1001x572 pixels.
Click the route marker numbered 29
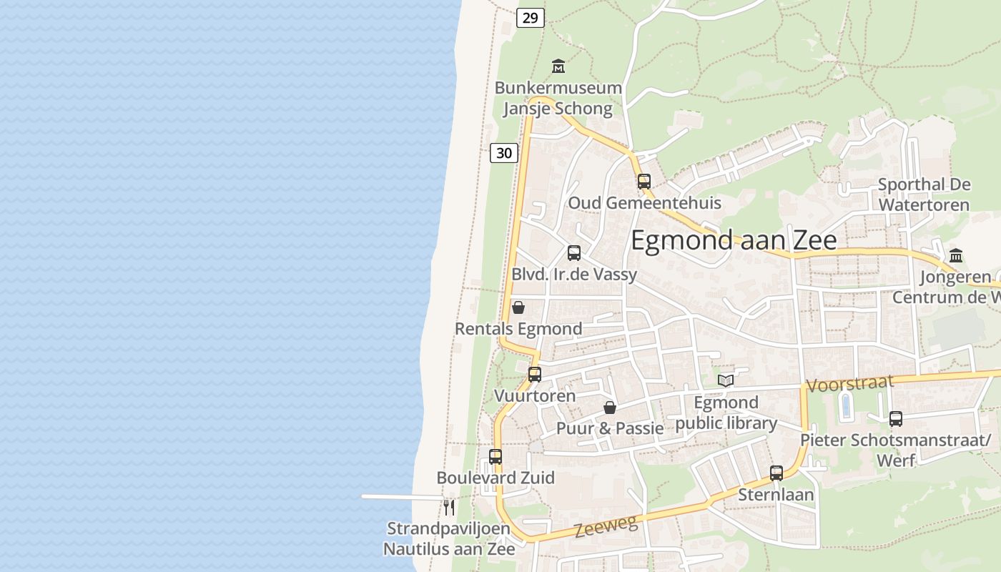pyautogui.click(x=530, y=18)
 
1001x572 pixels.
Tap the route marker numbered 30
pyautogui.click(x=504, y=152)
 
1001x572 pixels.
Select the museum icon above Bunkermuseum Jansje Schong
pyautogui.click(x=558, y=66)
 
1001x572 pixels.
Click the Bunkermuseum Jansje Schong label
pyautogui.click(x=558, y=98)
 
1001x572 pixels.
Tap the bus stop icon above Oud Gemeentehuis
pyautogui.click(x=644, y=182)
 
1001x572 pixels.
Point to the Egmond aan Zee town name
pyautogui.click(x=734, y=240)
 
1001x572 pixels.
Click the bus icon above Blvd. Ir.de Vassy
pyautogui.click(x=574, y=253)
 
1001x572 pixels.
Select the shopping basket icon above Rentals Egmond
pyautogui.click(x=518, y=307)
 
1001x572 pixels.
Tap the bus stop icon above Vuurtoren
pyautogui.click(x=535, y=375)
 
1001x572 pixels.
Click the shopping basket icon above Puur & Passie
pyautogui.click(x=610, y=408)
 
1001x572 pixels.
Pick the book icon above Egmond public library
pyautogui.click(x=726, y=380)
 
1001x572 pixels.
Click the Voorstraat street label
pyautogui.click(x=850, y=383)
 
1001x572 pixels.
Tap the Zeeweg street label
pyautogui.click(x=606, y=527)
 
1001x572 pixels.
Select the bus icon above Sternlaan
pyautogui.click(x=776, y=473)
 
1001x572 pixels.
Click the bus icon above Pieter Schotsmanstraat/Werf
pyautogui.click(x=896, y=419)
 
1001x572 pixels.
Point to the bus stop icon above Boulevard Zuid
pyautogui.click(x=495, y=456)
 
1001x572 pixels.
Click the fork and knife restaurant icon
pyautogui.click(x=449, y=508)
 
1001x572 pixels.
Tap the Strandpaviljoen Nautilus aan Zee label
pyautogui.click(x=449, y=539)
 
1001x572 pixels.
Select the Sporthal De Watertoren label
pyautogui.click(x=924, y=194)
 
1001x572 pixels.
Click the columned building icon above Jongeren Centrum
pyautogui.click(x=956, y=255)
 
